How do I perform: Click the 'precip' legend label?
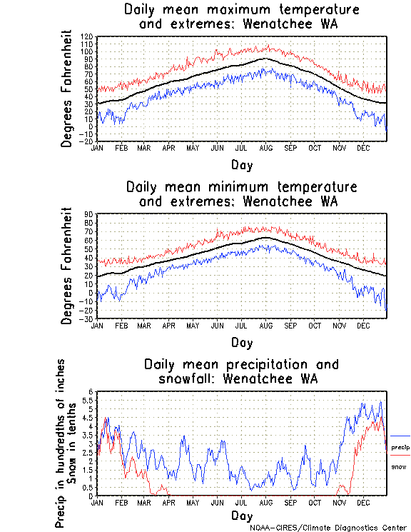point(400,447)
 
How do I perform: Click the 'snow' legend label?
point(399,466)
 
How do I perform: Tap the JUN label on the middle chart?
point(217,326)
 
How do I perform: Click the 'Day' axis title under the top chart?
point(241,166)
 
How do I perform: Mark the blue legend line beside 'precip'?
point(400,436)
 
